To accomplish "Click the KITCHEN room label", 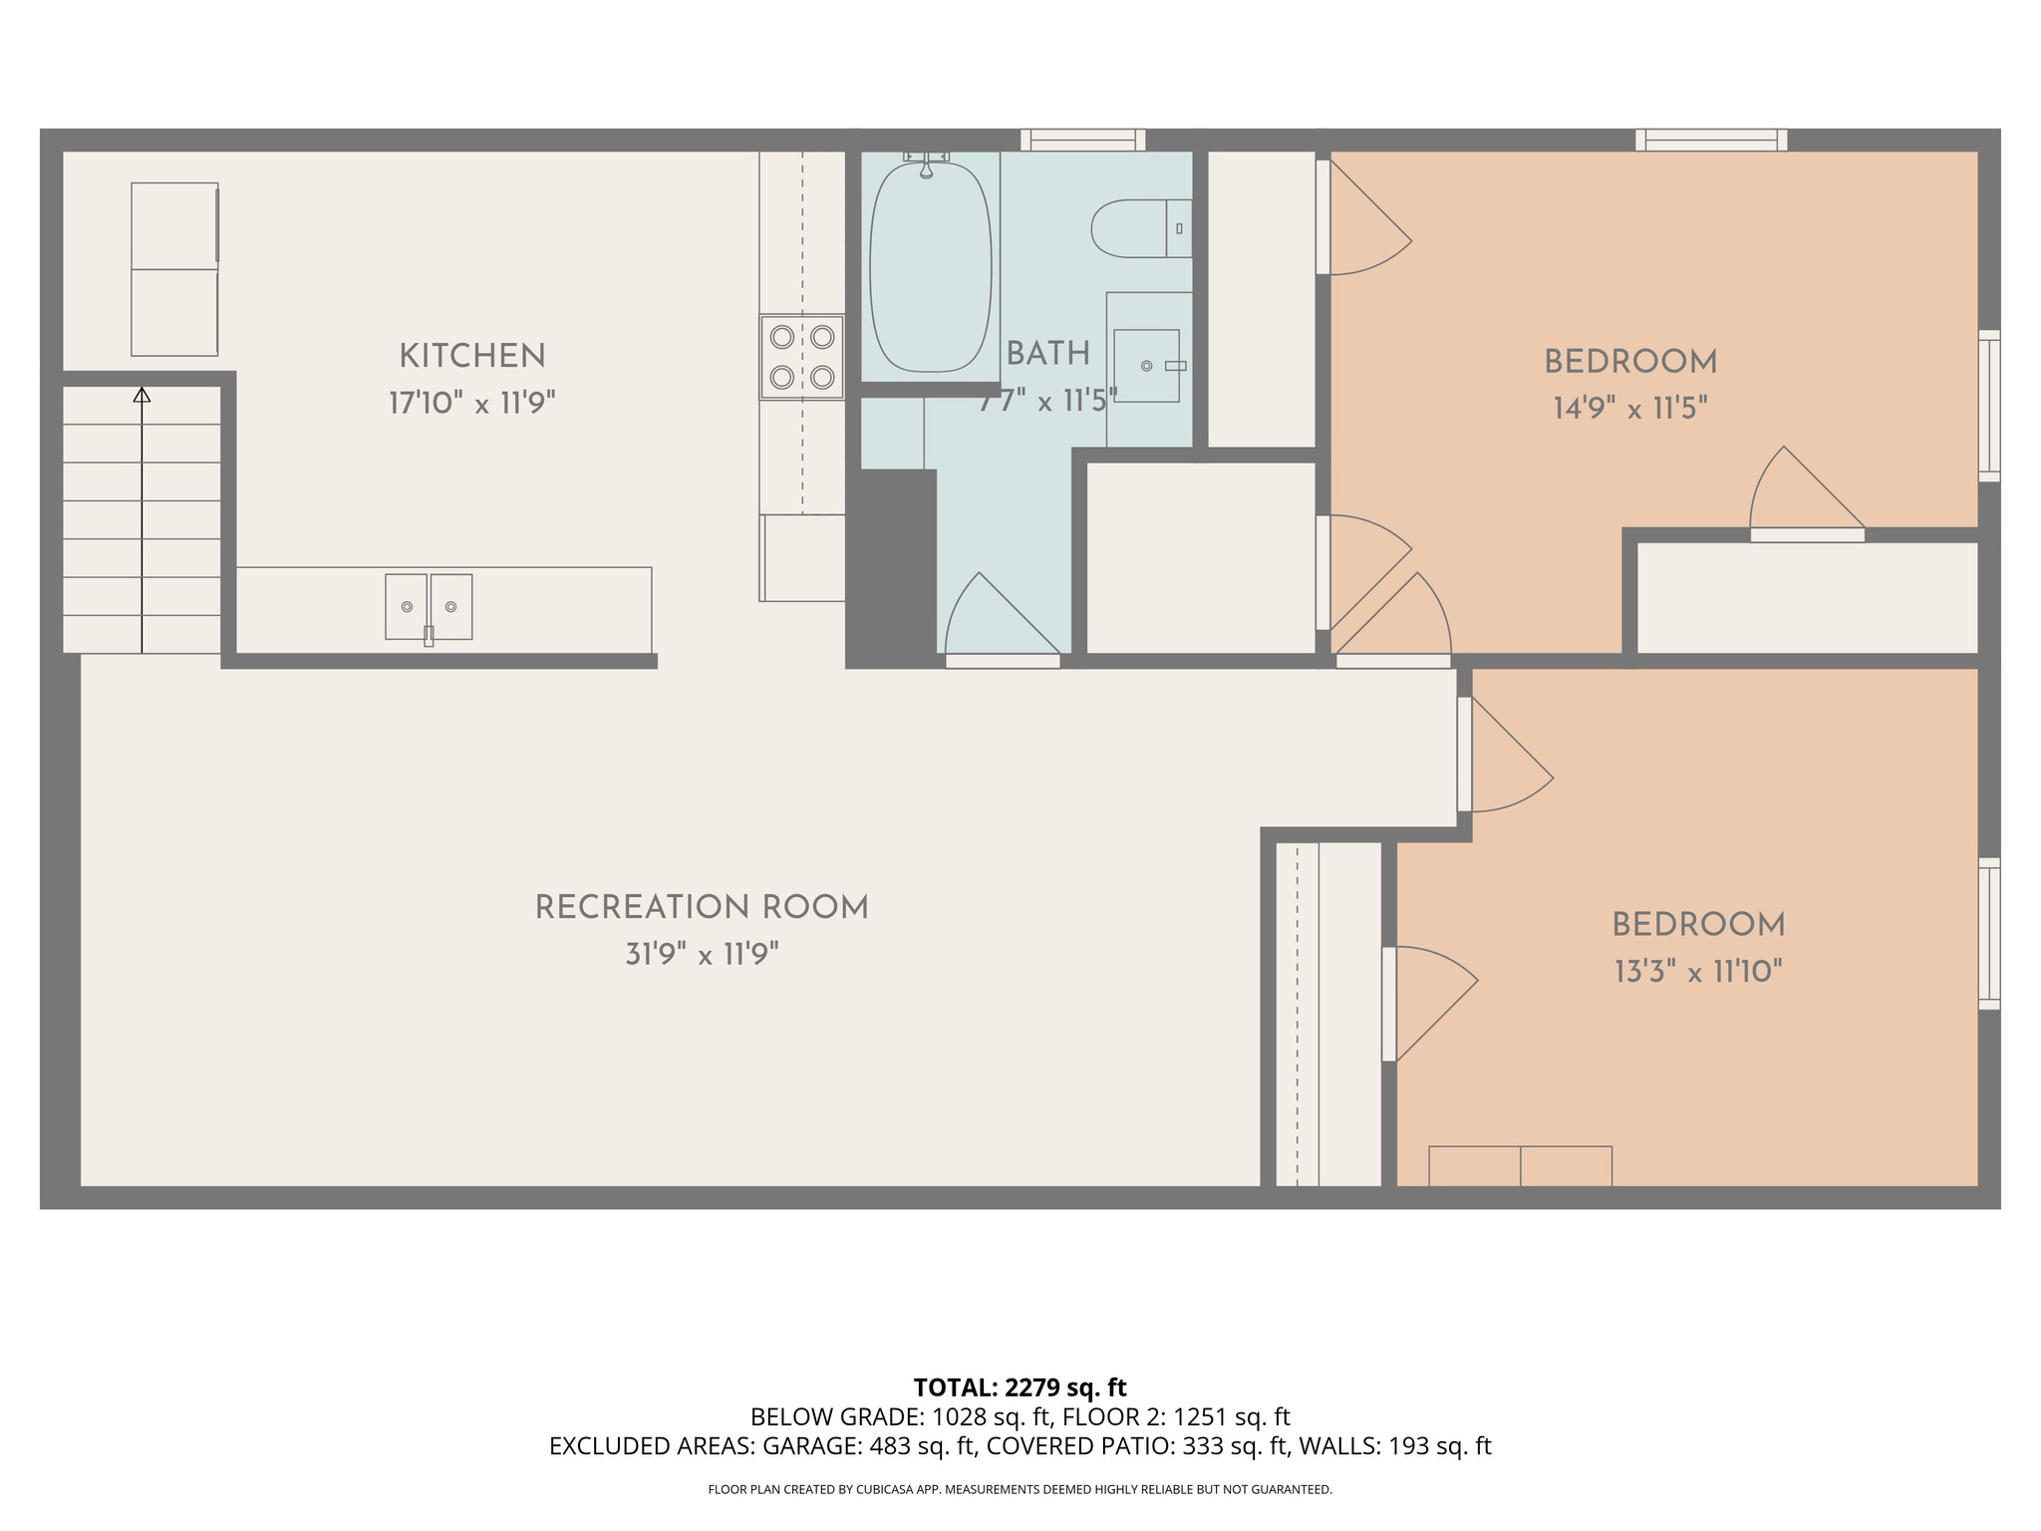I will click(x=471, y=356).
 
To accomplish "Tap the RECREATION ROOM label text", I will click(x=702, y=908).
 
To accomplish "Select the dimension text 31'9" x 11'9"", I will click(x=702, y=955).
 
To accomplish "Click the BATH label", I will click(x=1047, y=354).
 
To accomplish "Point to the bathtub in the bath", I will click(x=930, y=267).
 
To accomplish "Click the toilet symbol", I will click(x=1140, y=228).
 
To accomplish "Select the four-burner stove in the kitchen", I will click(x=801, y=357).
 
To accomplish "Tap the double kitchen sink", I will click(x=429, y=606).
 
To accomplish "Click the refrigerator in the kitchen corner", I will click(x=174, y=269).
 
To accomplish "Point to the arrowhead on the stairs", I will click(x=142, y=396).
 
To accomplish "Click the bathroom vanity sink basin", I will click(x=1146, y=366).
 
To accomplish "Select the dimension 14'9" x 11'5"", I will click(x=1630, y=409).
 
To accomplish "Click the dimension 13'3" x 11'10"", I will click(x=1698, y=972).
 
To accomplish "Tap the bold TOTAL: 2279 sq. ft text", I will click(x=1020, y=1387).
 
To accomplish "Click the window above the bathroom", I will click(x=1082, y=141).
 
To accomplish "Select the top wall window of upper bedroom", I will click(x=1711, y=141).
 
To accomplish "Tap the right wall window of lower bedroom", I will click(x=1988, y=934).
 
